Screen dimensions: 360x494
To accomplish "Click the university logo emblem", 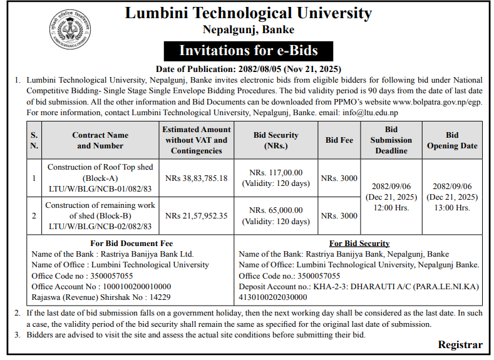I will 70,30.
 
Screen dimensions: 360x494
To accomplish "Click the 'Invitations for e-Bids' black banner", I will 249,50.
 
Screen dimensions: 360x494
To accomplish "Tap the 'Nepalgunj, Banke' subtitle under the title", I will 249,29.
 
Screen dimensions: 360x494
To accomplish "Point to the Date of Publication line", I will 249,68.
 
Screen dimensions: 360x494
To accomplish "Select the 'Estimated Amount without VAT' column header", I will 197,140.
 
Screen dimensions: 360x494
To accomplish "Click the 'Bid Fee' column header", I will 339,140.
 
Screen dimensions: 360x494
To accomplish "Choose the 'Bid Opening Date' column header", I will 452,140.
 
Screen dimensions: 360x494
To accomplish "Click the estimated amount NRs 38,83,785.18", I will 197,178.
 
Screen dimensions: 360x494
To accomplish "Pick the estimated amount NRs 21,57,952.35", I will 197,215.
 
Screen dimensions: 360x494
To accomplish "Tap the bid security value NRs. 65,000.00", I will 276,210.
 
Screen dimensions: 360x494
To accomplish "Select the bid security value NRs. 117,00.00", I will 276,172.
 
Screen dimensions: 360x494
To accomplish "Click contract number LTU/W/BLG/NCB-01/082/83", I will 100,189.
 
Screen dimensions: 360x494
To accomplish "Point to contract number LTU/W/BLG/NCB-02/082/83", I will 100,226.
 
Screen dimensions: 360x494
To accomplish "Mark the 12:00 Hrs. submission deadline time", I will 391,208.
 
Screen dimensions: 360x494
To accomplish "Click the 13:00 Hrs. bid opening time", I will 452,208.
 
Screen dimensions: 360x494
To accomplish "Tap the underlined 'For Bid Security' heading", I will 359,243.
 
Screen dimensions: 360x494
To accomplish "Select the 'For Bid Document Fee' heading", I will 131,243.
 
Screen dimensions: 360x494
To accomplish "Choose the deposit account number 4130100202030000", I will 273,297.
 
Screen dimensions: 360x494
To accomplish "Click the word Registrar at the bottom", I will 460,345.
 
